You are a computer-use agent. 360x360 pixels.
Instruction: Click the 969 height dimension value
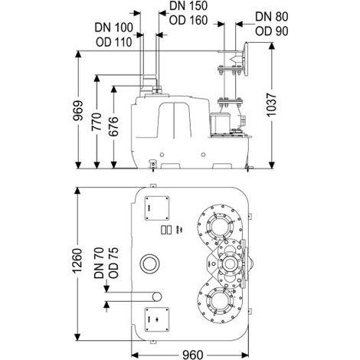click(78, 110)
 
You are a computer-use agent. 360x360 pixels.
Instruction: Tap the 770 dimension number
click(97, 121)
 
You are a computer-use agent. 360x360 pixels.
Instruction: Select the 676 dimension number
click(113, 126)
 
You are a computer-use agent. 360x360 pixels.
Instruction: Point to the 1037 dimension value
click(271, 105)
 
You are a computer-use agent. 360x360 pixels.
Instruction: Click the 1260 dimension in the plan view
click(77, 260)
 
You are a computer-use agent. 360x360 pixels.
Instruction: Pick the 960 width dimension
click(193, 355)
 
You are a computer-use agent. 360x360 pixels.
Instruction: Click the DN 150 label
click(188, 6)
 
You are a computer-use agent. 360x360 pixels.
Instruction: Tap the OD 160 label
click(188, 20)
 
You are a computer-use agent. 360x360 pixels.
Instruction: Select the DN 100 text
click(114, 28)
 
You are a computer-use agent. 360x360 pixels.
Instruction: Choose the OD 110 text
click(114, 42)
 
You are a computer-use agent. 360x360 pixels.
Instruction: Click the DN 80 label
click(272, 17)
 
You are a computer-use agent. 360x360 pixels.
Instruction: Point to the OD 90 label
click(272, 31)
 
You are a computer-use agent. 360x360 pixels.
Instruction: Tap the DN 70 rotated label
click(99, 263)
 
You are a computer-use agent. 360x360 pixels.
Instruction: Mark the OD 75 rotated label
click(113, 263)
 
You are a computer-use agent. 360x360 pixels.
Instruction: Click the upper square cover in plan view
click(157, 208)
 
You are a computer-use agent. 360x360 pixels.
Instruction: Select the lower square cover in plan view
click(157, 319)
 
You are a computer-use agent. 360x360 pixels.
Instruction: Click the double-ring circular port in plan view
click(149, 263)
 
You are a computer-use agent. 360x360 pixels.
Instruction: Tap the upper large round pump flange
click(220, 224)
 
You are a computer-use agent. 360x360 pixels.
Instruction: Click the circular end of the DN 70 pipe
click(157, 296)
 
